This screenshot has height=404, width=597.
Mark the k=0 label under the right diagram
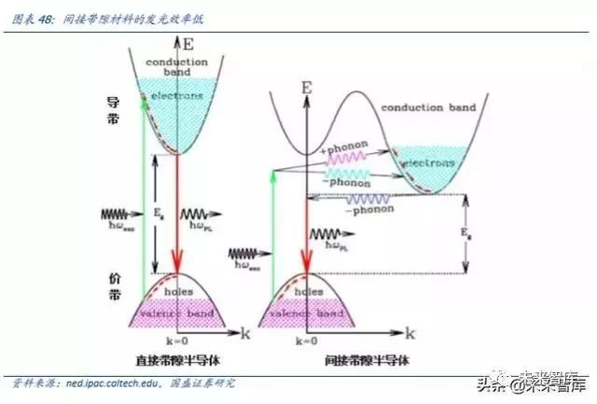click(x=305, y=342)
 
